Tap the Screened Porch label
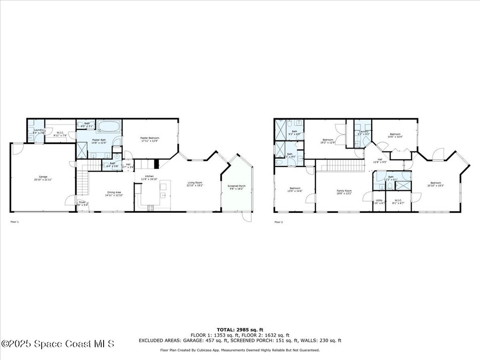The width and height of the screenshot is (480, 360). tap(237, 186)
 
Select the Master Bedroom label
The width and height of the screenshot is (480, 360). tap(150, 138)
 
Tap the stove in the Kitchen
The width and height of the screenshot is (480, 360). tap(151, 207)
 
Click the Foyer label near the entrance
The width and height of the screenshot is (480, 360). tap(82, 202)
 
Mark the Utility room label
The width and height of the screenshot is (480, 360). tap(379, 201)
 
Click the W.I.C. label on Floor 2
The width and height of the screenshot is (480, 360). tap(398, 201)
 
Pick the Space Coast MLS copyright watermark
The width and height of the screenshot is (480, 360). tap(58, 344)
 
